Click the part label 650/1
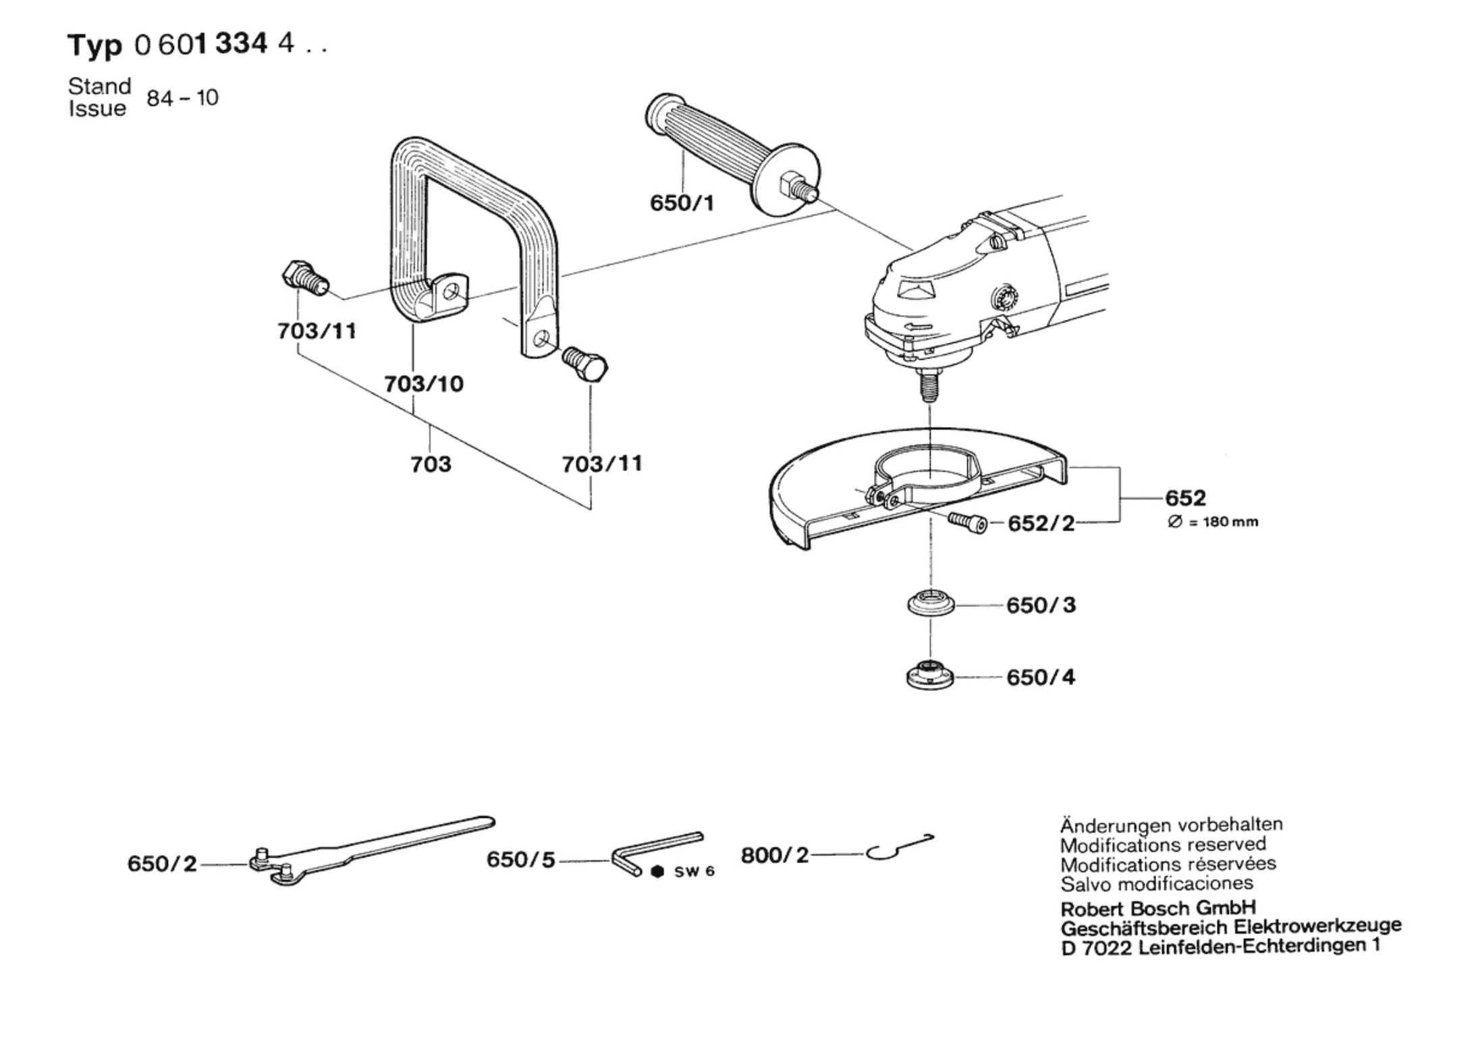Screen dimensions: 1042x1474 coord(681,202)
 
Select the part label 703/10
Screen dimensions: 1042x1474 coord(424,384)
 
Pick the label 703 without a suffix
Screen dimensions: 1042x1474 coord(431,464)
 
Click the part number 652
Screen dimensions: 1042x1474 coord(1185,498)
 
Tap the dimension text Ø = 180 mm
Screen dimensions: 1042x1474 coord(1213,522)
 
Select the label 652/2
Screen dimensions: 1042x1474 coord(1041,524)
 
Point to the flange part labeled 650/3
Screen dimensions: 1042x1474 coord(931,603)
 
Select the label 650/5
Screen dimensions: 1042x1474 coord(520,860)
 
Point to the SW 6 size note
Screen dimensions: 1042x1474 coord(684,871)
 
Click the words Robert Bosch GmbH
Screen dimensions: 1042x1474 coord(1158,907)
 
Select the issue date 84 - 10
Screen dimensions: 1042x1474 coord(182,98)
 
